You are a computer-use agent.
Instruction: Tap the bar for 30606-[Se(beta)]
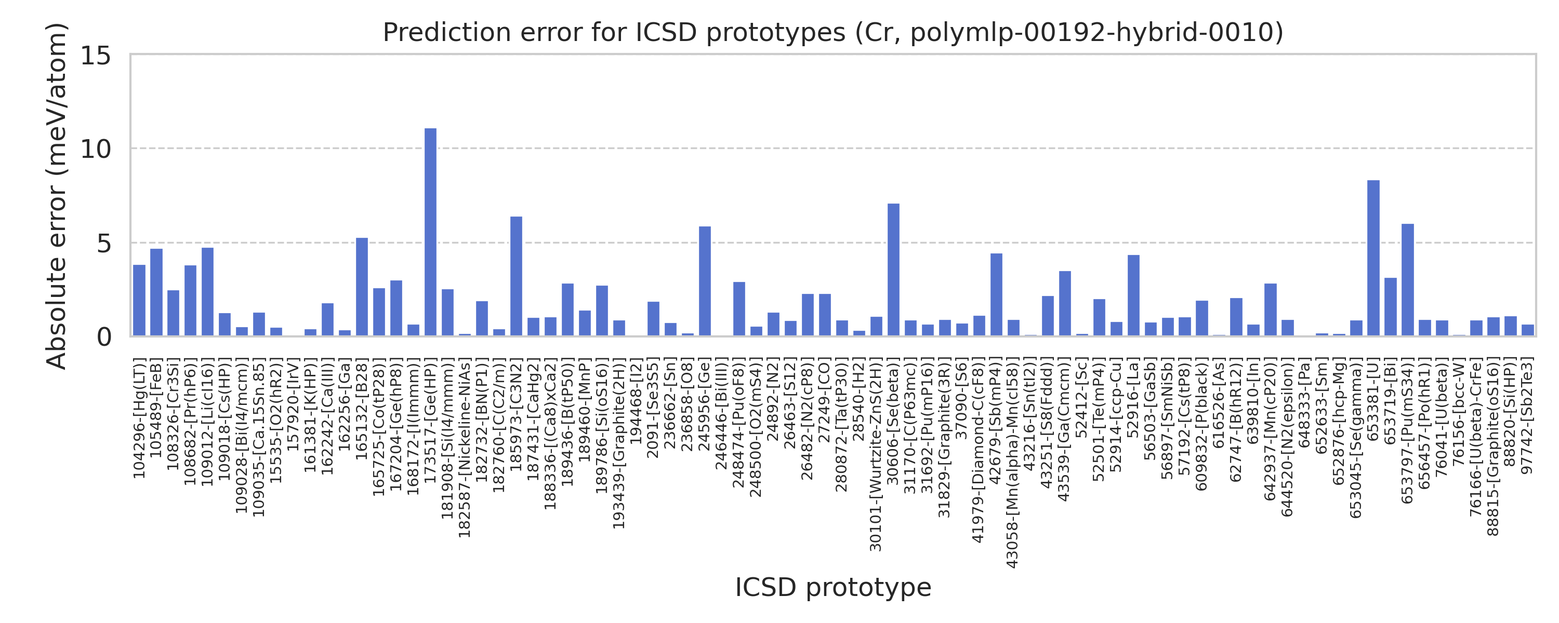(x=893, y=270)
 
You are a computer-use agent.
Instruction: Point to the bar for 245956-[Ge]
(x=705, y=281)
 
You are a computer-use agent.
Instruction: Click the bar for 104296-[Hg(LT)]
(x=139, y=301)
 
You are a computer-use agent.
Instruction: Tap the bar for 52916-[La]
(x=1133, y=296)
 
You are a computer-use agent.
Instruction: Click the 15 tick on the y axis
(x=96, y=56)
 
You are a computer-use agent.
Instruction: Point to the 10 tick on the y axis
(x=96, y=150)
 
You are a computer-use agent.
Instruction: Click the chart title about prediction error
(x=833, y=32)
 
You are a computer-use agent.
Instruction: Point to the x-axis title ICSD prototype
(x=833, y=587)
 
